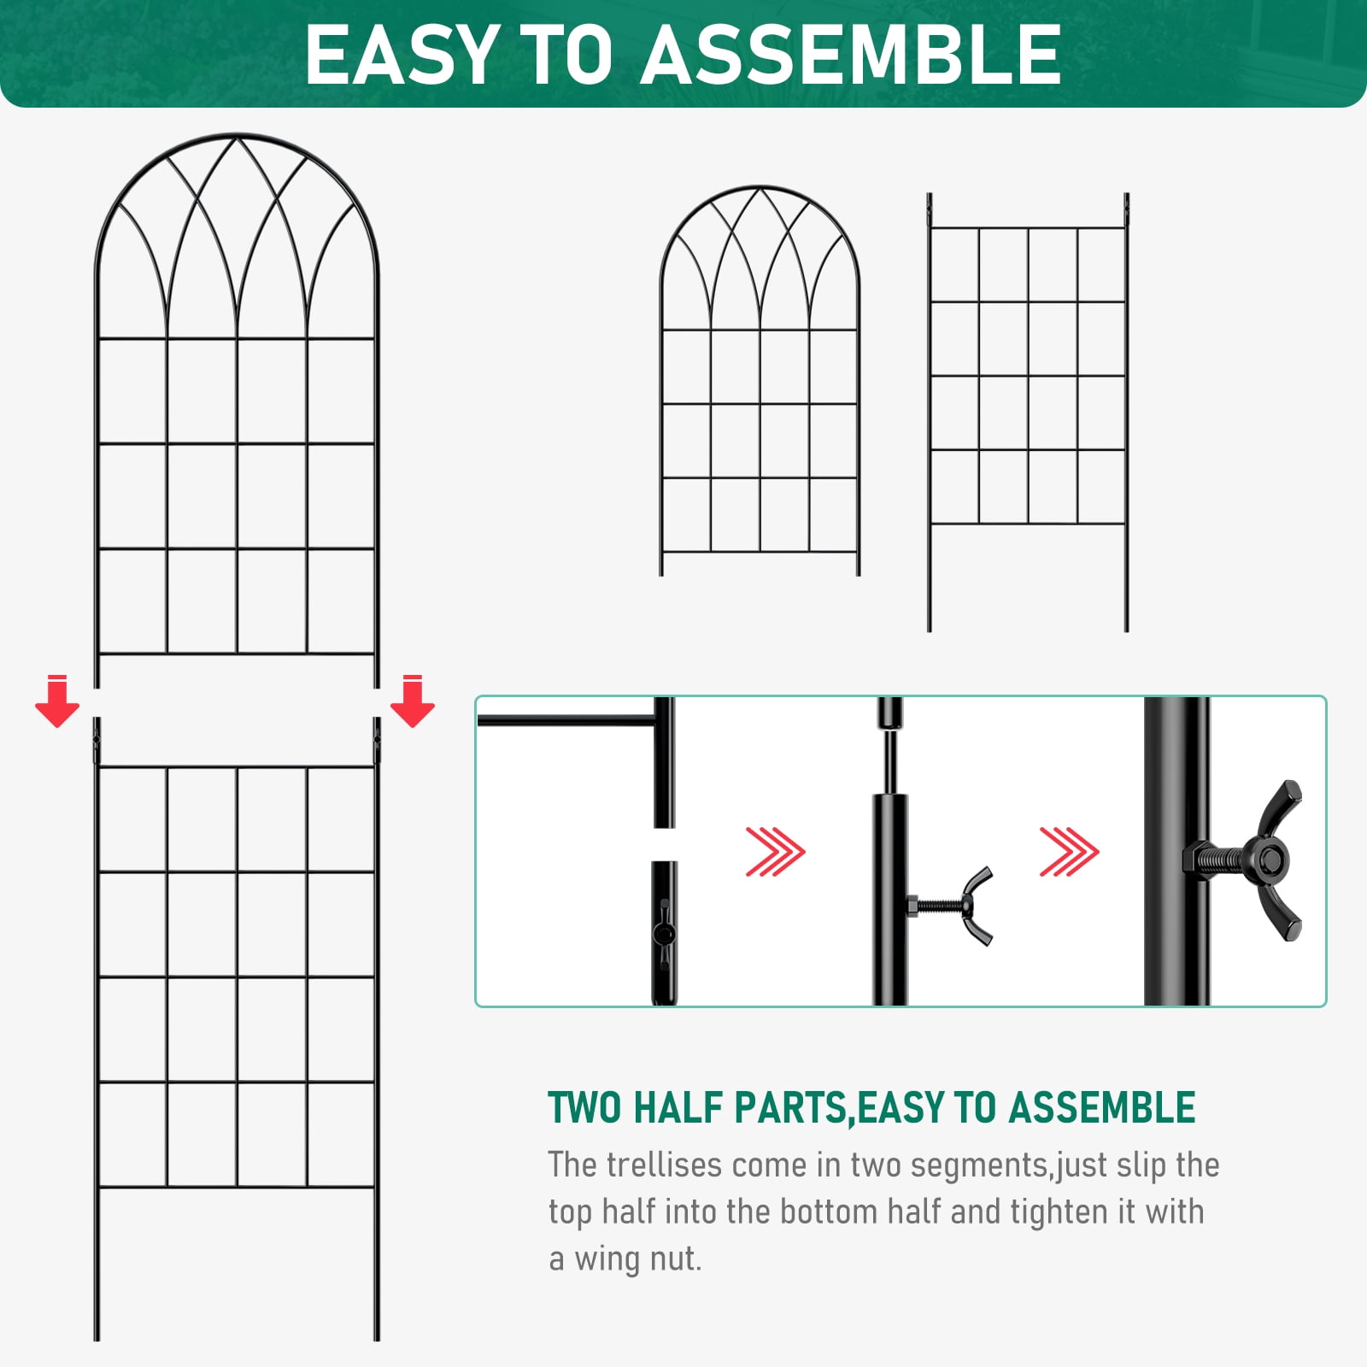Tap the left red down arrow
pos(57,701)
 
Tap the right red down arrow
pos(413,701)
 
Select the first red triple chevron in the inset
pos(775,852)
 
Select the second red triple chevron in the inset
pos(1069,852)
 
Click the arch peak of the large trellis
pos(237,135)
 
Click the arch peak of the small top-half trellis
pos(760,187)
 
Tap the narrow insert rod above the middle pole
pos(889,760)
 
